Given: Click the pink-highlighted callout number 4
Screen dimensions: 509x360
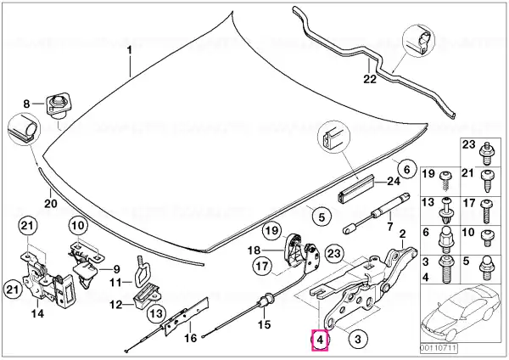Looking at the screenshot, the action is tap(320, 340).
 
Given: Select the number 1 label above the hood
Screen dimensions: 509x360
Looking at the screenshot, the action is tap(129, 51).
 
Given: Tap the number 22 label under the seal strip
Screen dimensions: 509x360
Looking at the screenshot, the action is tap(369, 79).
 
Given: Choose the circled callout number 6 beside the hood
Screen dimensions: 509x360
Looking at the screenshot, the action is tap(406, 169).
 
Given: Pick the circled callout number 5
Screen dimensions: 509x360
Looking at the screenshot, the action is tap(322, 217).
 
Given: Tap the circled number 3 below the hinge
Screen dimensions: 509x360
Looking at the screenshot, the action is tap(357, 340).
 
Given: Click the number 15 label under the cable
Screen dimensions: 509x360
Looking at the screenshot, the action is tap(264, 324).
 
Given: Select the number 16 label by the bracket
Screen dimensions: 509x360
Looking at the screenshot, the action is tap(191, 338).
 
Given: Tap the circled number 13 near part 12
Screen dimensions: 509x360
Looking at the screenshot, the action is tap(156, 313).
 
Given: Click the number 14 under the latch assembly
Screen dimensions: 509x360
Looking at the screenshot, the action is tap(37, 313).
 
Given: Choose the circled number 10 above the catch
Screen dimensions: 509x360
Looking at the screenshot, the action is tap(78, 225).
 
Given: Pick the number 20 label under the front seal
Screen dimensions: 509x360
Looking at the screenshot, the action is tap(51, 204).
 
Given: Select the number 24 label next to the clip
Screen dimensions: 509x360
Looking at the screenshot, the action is tap(393, 181).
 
